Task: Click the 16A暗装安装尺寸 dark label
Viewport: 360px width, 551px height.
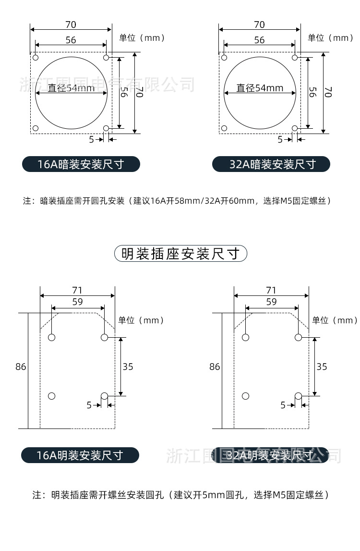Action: click(81, 164)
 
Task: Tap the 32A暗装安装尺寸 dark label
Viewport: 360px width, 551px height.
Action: click(271, 164)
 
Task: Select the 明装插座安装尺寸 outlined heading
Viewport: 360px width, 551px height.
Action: click(180, 253)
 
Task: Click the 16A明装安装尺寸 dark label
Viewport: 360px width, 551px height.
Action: click(80, 455)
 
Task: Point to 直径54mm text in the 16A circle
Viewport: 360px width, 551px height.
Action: click(71, 88)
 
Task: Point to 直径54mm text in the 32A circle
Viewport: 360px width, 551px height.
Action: click(260, 88)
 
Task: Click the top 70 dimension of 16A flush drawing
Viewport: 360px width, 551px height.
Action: click(71, 24)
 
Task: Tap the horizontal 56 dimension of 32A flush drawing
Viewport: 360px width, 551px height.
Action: click(259, 40)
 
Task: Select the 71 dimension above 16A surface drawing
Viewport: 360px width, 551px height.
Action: click(77, 290)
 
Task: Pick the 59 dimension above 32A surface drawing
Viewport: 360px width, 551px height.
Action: click(271, 302)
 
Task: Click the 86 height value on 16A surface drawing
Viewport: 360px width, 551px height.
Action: click(21, 367)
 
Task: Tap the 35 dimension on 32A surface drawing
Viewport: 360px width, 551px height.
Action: click(322, 367)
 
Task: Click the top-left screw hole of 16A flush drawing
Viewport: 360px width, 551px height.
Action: click(36, 58)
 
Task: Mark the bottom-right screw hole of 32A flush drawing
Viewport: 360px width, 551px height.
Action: click(295, 128)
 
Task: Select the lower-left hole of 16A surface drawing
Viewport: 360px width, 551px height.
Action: click(52, 396)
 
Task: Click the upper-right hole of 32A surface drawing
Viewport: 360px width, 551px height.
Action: click(298, 337)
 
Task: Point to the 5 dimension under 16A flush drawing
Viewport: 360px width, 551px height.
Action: click(91, 139)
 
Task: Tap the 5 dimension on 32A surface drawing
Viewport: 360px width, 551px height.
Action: click(283, 405)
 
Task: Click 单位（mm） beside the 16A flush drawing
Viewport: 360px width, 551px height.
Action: click(142, 38)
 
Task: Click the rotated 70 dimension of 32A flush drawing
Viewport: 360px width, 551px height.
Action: click(328, 92)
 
